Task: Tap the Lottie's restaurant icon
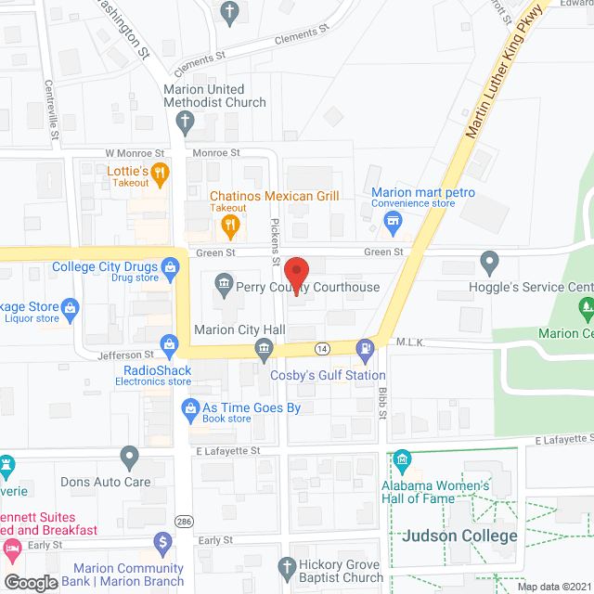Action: click(x=160, y=171)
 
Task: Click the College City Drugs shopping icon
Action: click(x=170, y=267)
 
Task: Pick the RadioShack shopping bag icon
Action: click(x=168, y=345)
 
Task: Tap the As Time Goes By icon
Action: click(x=190, y=407)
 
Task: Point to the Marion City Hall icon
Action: click(x=265, y=348)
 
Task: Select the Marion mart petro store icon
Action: click(x=393, y=221)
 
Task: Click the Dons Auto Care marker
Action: click(x=129, y=456)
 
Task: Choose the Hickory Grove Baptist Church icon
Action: click(x=287, y=564)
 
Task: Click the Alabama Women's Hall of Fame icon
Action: click(x=402, y=459)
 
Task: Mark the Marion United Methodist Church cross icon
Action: click(x=186, y=121)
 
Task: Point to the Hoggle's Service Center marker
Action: click(x=489, y=260)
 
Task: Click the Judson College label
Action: click(x=459, y=536)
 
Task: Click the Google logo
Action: click(x=31, y=582)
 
